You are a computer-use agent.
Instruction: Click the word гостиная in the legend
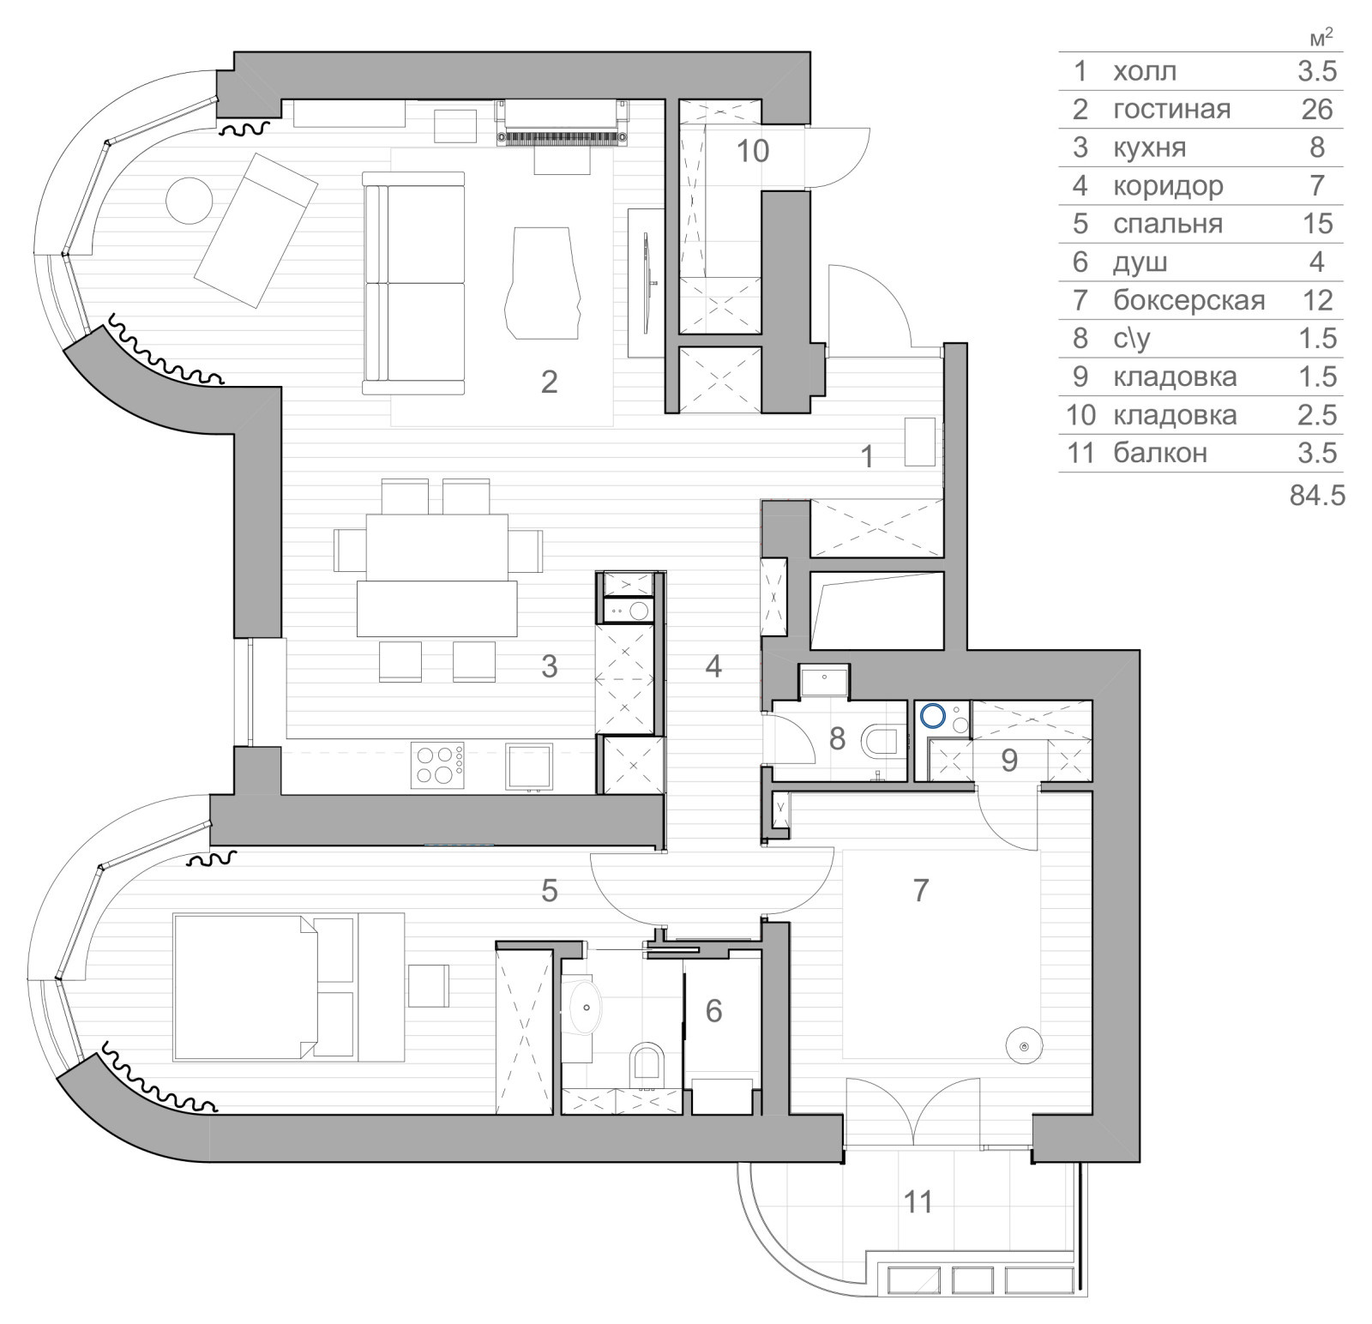click(1171, 109)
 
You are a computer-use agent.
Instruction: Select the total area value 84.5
click(1317, 496)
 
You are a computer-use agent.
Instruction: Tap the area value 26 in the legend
click(1317, 109)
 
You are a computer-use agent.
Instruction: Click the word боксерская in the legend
click(1189, 300)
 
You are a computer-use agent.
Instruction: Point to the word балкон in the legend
click(1160, 453)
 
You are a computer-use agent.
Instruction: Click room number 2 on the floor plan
click(550, 381)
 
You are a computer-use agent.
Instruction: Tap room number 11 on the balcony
click(918, 1201)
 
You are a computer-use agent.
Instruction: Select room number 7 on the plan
click(921, 890)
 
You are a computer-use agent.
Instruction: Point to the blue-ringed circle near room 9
click(932, 714)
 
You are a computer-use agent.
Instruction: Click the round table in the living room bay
click(189, 200)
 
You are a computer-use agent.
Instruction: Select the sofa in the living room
click(413, 283)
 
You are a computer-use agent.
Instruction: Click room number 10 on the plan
click(753, 151)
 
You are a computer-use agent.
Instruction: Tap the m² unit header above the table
click(1322, 39)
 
